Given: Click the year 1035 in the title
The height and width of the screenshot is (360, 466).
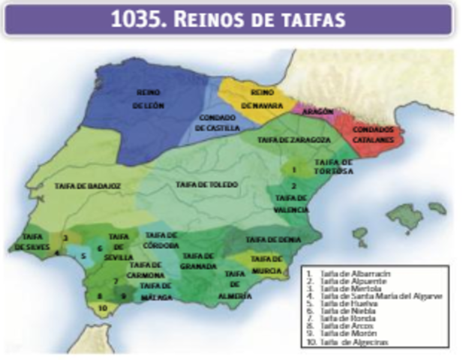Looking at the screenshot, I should (x=137, y=19).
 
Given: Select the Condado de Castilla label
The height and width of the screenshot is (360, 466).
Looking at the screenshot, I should (x=218, y=123).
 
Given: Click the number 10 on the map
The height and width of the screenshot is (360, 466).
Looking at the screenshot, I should (x=103, y=307).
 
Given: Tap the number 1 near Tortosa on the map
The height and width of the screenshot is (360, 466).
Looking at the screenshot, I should (x=294, y=170).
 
